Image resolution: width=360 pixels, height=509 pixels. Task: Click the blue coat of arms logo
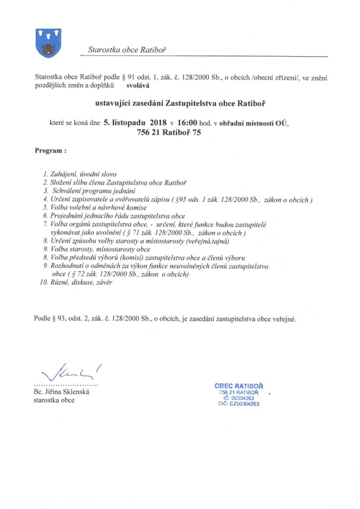49,43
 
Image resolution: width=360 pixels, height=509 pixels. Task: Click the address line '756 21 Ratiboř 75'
169,133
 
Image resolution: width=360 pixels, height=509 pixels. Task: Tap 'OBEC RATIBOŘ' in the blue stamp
239,386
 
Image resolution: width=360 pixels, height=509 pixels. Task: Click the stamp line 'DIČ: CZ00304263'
239,404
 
